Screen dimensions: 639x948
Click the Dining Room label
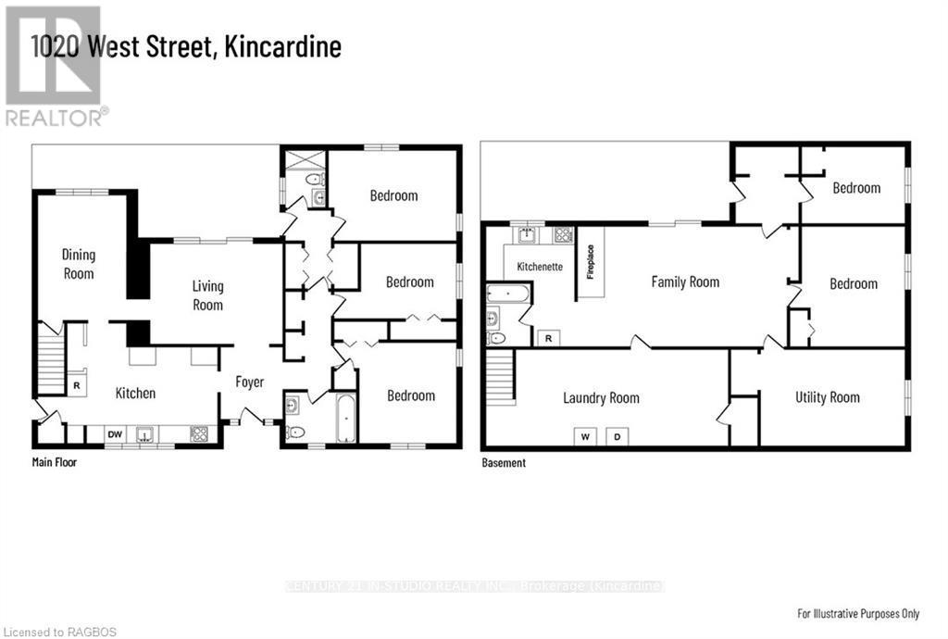pyautogui.click(x=79, y=264)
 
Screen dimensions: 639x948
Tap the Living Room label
pyautogui.click(x=207, y=295)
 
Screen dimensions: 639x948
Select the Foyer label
pyautogui.click(x=249, y=382)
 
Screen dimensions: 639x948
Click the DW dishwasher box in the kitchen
pyautogui.click(x=115, y=433)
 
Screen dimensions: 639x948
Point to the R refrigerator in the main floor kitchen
pyautogui.click(x=76, y=383)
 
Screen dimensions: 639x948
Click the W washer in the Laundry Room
pyautogui.click(x=585, y=436)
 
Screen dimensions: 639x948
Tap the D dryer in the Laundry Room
pyautogui.click(x=618, y=436)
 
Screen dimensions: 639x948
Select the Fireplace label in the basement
pyautogui.click(x=590, y=262)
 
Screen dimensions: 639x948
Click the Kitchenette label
pyautogui.click(x=540, y=266)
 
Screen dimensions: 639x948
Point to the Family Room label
pyautogui.click(x=685, y=282)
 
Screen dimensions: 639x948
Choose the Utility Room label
pyautogui.click(x=828, y=397)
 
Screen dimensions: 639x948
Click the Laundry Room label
pyautogui.click(x=601, y=398)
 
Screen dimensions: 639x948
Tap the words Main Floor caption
pyautogui.click(x=55, y=461)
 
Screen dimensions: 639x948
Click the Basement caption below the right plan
pyautogui.click(x=504, y=462)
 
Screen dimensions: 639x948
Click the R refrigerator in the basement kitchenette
pyautogui.click(x=548, y=338)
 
